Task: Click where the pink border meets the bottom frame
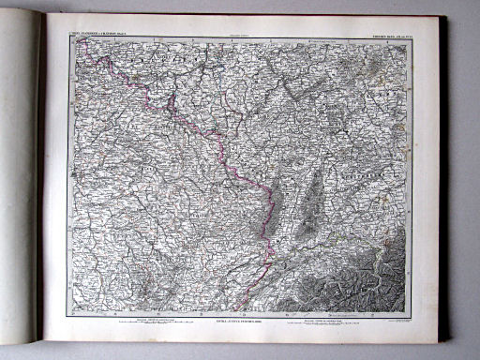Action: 241,312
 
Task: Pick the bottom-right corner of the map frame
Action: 412,313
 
